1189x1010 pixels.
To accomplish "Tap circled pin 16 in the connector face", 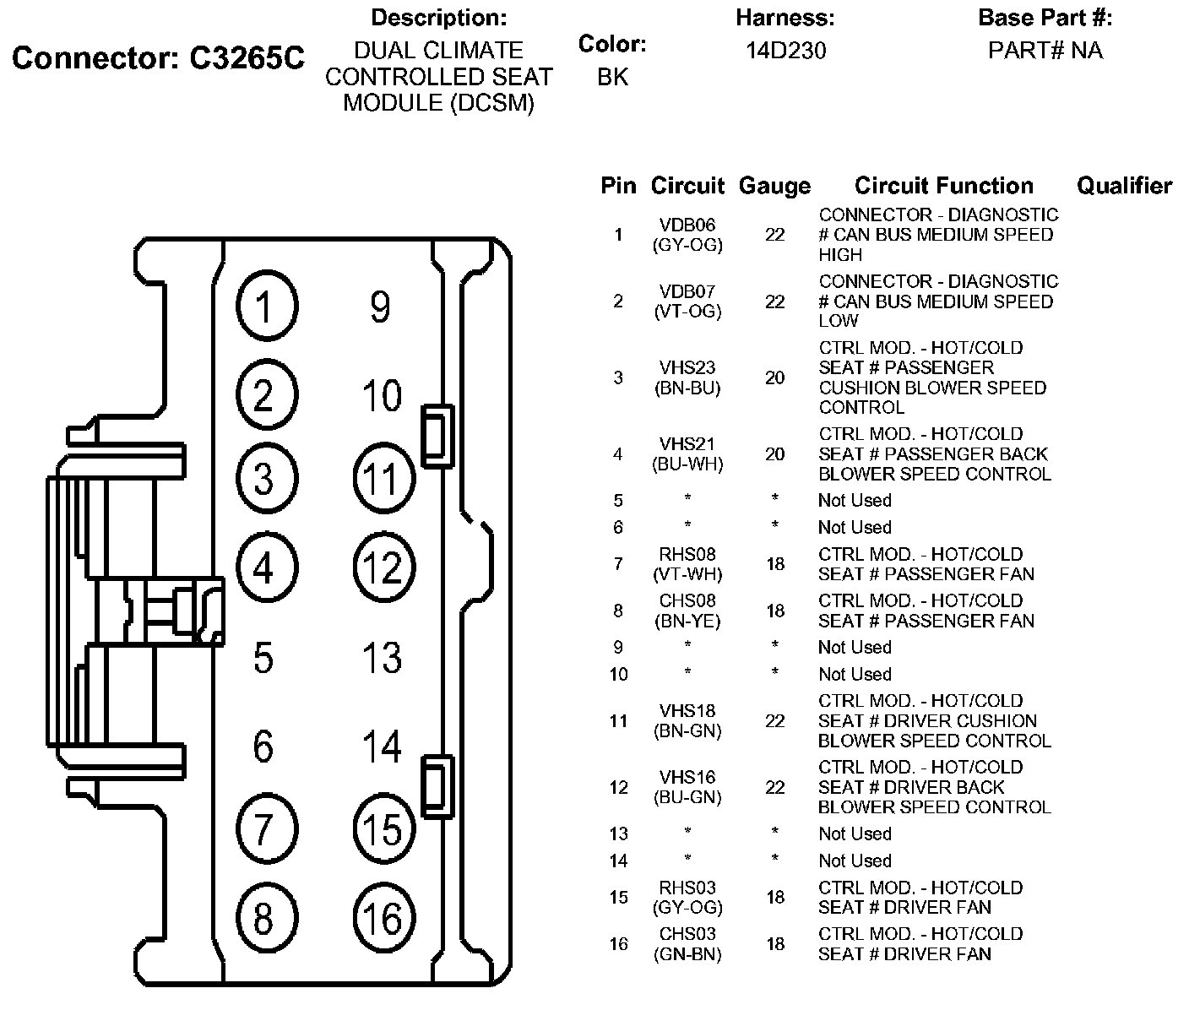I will [383, 919].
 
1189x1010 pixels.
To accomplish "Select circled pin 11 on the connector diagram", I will [383, 479].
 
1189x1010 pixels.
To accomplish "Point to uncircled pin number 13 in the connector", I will [382, 657].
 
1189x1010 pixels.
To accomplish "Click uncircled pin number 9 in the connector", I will [380, 307].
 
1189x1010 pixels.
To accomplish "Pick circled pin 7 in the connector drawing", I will [265, 828].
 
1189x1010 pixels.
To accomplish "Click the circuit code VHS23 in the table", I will [687, 368].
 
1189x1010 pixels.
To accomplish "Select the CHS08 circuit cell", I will [687, 601].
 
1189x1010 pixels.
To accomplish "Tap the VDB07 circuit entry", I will [687, 292].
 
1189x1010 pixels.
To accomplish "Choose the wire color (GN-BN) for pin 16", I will [687, 954].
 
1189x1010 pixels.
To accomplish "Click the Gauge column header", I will [774, 186].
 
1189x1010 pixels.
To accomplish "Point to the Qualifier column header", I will [1124, 186].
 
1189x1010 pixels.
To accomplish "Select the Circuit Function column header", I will [943, 186].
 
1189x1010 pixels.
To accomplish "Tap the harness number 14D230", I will [785, 51].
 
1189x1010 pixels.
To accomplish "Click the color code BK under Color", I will [612, 77].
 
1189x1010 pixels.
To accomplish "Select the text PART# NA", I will [1045, 51].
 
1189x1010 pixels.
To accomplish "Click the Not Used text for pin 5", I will [855, 501].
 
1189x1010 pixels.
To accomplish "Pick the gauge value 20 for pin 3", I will [774, 377].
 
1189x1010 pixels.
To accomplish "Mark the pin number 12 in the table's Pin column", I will [618, 788].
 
